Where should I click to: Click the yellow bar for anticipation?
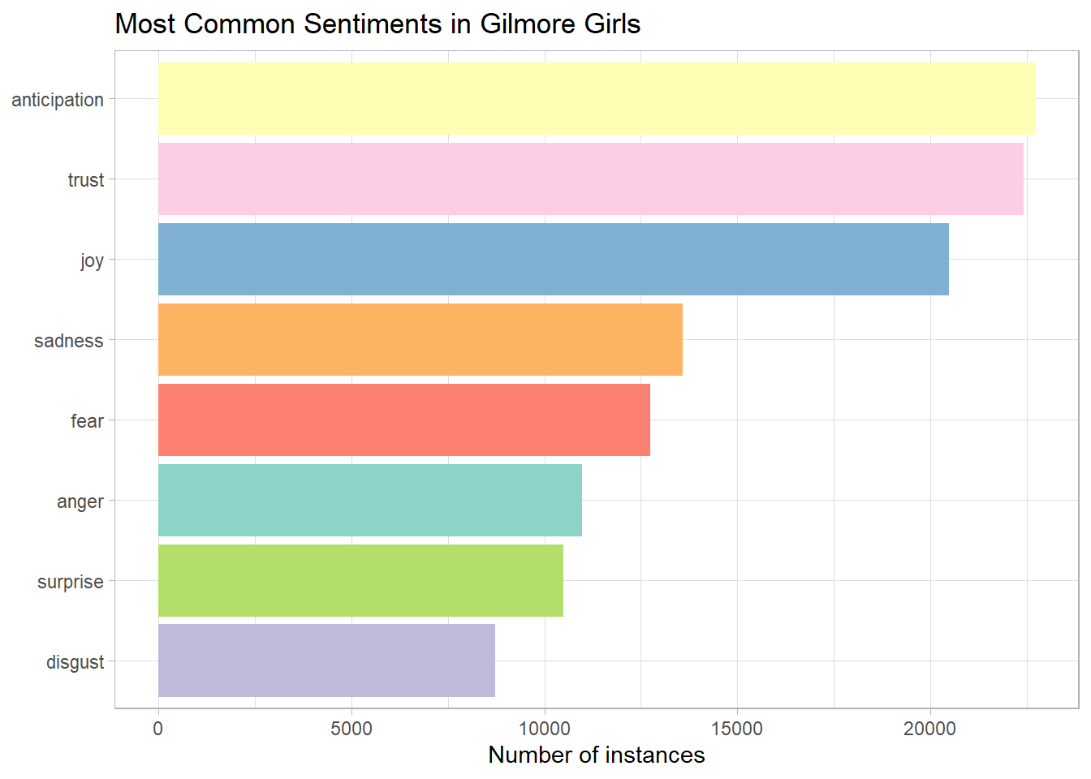click(597, 98)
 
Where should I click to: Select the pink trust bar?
click(590, 179)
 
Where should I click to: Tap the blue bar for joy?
click(553, 259)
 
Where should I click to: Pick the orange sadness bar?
click(420, 339)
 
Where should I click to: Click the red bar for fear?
click(403, 420)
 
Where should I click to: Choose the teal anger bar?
click(369, 500)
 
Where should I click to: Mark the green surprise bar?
click(360, 580)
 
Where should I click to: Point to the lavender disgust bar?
click(326, 661)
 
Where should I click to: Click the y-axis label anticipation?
click(58, 100)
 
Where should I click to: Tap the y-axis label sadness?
click(69, 341)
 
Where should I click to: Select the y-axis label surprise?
click(71, 582)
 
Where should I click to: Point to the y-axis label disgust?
click(75, 662)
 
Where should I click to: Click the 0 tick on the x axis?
click(158, 729)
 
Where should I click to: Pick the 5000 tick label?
click(351, 729)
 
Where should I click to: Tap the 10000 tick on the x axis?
click(544, 729)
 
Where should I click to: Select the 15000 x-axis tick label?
click(737, 729)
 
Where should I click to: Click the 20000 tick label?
click(929, 729)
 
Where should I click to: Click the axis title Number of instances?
click(597, 755)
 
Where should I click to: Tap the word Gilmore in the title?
click(515, 24)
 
